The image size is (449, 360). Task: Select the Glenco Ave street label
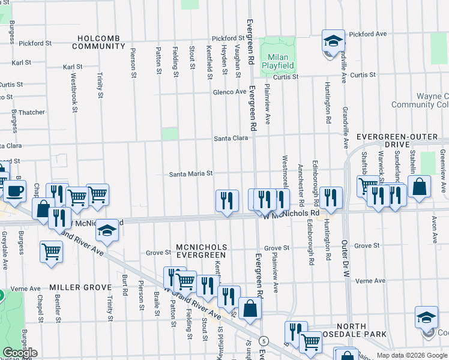pyautogui.click(x=229, y=92)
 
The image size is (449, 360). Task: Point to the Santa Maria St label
pyautogui.click(x=191, y=174)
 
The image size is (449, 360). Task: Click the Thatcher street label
pyautogui.click(x=31, y=112)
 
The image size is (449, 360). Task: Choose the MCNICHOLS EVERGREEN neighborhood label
pyautogui.click(x=200, y=251)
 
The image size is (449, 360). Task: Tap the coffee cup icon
pyautogui.click(x=15, y=192)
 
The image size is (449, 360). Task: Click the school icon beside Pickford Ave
pyautogui.click(x=333, y=41)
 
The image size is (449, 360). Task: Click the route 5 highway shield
pyautogui.click(x=263, y=341)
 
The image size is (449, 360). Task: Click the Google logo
pyautogui.click(x=20, y=353)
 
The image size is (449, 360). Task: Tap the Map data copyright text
pyautogui.click(x=411, y=355)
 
